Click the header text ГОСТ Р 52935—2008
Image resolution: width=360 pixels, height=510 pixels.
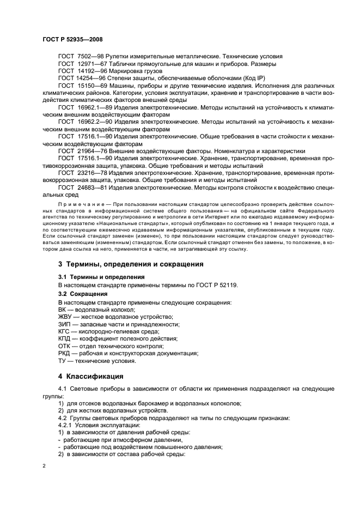point(72,39)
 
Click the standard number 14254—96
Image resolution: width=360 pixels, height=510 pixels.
point(88,78)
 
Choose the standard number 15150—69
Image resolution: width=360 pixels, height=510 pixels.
point(89,86)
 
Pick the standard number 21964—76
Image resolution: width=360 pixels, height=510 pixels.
point(89,150)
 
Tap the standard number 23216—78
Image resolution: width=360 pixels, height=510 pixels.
point(89,172)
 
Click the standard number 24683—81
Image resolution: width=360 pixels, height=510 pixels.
point(89,186)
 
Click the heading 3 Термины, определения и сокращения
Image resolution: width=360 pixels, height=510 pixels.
point(131,264)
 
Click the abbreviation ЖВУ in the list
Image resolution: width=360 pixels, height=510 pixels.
point(65,317)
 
